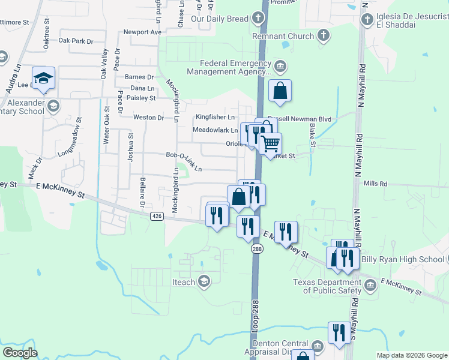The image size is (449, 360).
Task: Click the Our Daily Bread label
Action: [x=219, y=19]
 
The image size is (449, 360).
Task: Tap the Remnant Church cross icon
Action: [x=324, y=35]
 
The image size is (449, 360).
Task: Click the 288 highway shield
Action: [x=256, y=248]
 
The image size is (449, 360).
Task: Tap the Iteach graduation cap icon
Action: [x=204, y=282]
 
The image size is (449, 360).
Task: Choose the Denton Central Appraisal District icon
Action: [x=318, y=346]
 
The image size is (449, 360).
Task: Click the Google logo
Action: [x=20, y=353]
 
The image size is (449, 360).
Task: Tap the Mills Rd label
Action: [x=376, y=184]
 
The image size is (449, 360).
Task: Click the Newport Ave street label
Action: [x=142, y=32]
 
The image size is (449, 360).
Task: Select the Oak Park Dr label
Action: [x=76, y=41]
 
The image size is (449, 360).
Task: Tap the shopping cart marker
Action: [x=271, y=143]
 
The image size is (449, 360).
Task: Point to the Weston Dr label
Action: [x=148, y=118]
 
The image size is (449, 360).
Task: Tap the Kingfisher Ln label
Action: [x=214, y=116]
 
